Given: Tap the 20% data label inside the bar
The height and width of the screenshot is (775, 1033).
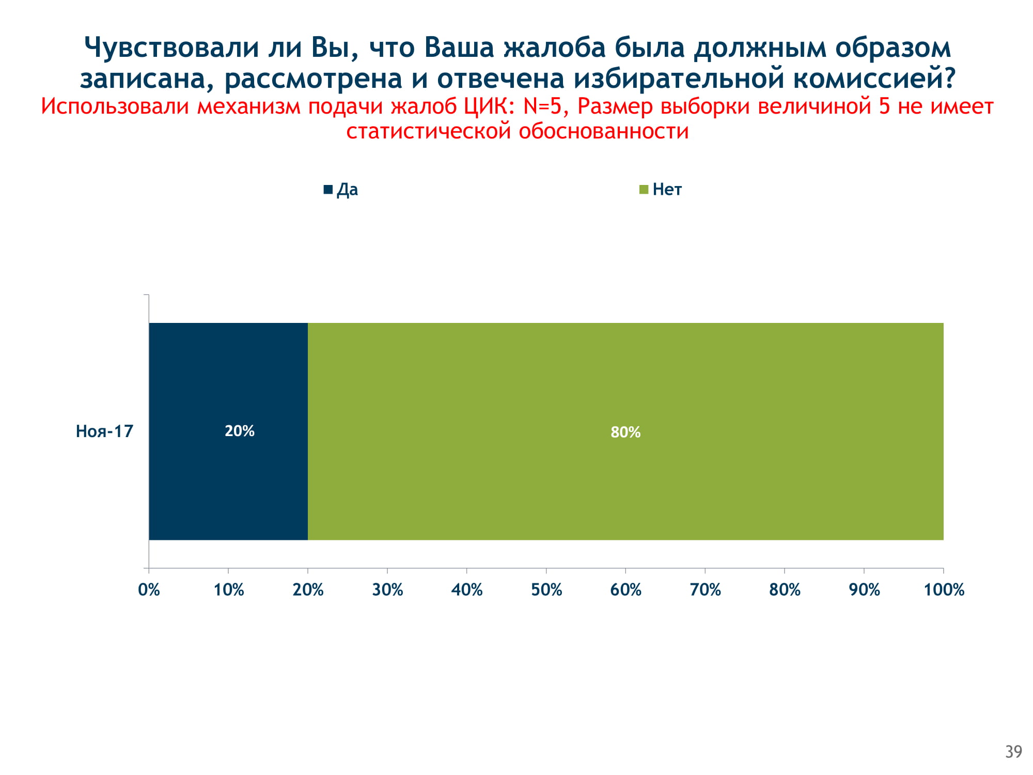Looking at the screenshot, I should (x=240, y=431).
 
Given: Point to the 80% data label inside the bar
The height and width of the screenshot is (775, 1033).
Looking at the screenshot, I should (x=625, y=432).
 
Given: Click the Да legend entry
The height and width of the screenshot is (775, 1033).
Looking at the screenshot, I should (x=341, y=190).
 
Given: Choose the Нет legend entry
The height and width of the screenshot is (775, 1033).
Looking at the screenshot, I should (x=661, y=190).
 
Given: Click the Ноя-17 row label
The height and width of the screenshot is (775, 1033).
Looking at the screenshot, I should (x=104, y=431).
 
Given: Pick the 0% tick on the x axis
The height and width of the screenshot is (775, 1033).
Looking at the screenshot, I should (x=149, y=590).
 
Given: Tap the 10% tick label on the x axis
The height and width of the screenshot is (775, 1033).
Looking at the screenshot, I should (x=228, y=590).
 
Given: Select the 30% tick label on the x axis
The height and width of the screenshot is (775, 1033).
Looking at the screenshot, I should (x=387, y=590).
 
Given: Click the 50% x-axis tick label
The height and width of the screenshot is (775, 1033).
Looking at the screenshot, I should (x=546, y=590).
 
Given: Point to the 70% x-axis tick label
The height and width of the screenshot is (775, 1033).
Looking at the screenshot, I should (x=705, y=590).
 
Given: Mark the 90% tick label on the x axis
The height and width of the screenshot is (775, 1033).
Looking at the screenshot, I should (x=864, y=590).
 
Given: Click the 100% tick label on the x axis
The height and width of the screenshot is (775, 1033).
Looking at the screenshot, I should (x=944, y=590).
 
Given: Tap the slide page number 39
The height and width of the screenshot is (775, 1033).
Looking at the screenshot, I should (x=1013, y=752).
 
